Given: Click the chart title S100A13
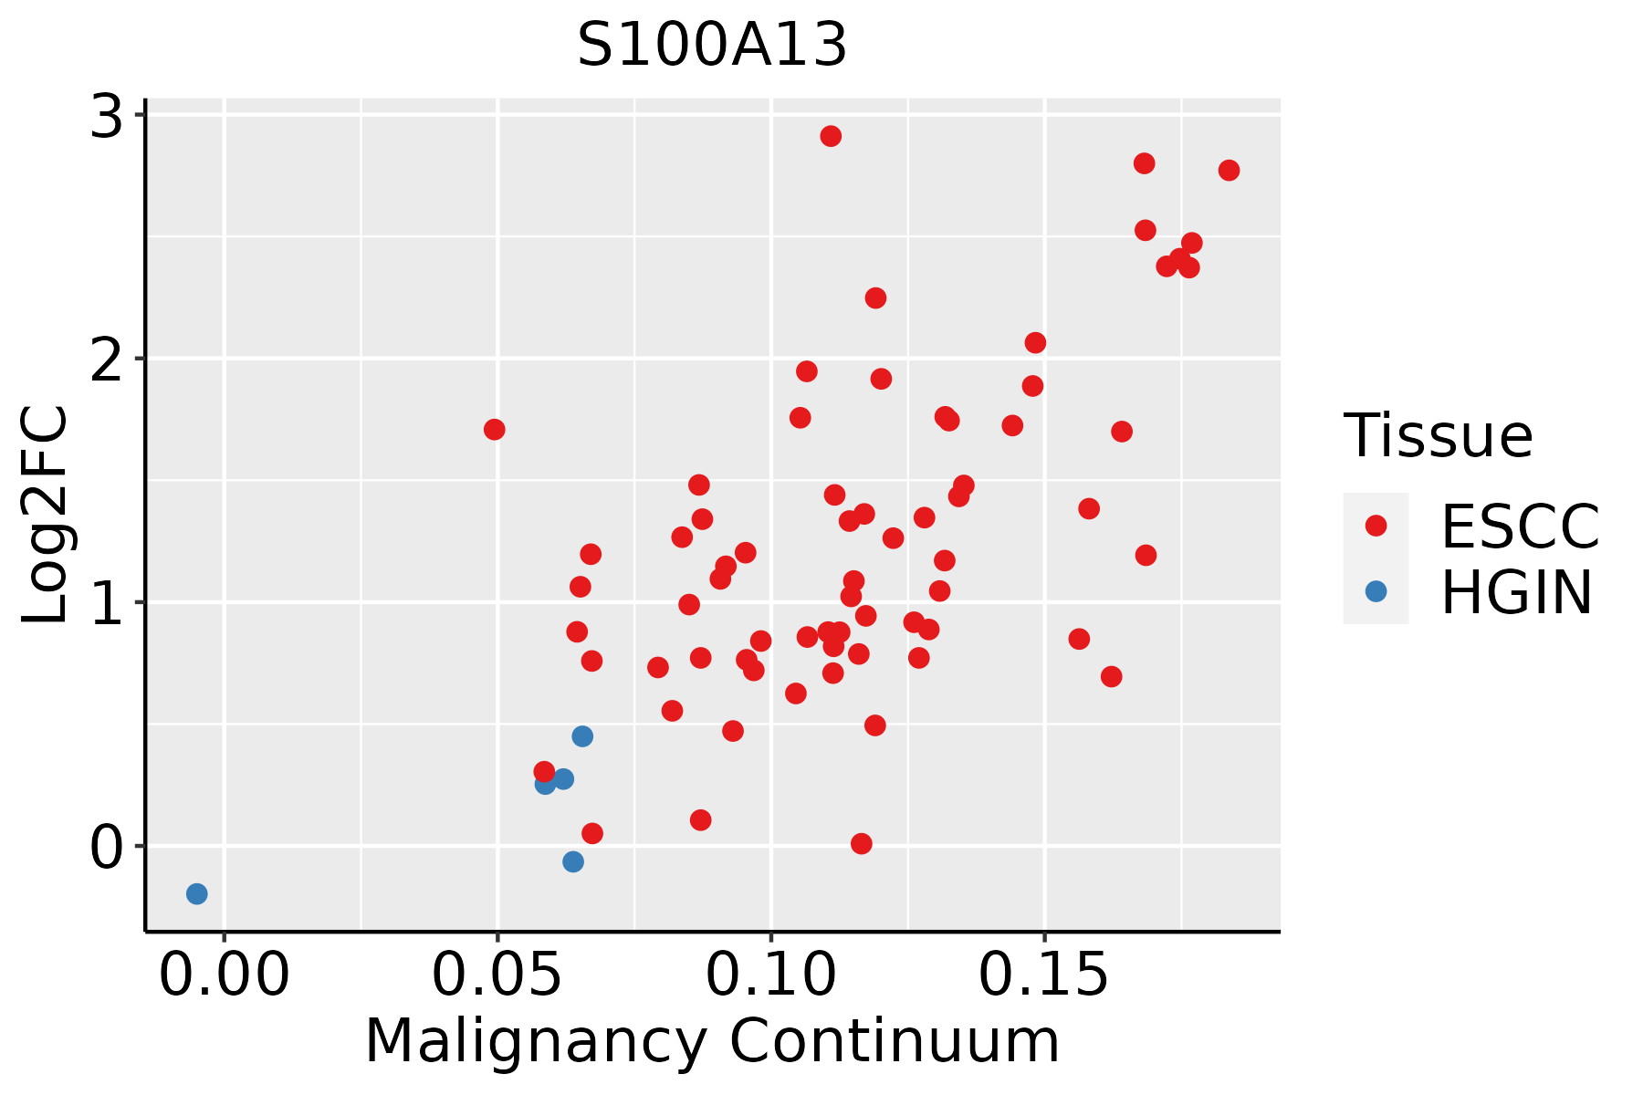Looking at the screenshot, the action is pyautogui.click(x=712, y=46).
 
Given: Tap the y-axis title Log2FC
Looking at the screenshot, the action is pyautogui.click(x=46, y=516).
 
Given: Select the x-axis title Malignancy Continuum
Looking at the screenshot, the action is pyautogui.click(x=712, y=1042).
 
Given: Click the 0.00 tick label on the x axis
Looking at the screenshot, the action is pyautogui.click(x=224, y=976).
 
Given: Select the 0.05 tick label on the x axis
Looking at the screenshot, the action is pyautogui.click(x=497, y=976).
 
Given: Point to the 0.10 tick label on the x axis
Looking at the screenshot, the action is pyautogui.click(x=771, y=976).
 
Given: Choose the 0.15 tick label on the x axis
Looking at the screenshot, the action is pyautogui.click(x=1044, y=976).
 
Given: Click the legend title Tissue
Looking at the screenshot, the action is pyautogui.click(x=1439, y=436).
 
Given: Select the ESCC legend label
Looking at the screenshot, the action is pyautogui.click(x=1520, y=527).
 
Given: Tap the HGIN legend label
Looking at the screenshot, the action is pyautogui.click(x=1517, y=593).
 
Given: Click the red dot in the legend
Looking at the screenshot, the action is pyautogui.click(x=1376, y=526).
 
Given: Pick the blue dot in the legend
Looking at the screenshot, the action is pyautogui.click(x=1376, y=591).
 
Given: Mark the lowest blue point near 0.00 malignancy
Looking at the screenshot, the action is pyautogui.click(x=196, y=893).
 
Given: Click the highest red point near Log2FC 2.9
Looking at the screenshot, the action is pyautogui.click(x=831, y=136).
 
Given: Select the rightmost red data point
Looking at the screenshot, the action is pyautogui.click(x=1229, y=171).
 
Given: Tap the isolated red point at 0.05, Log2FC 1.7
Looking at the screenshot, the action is pyautogui.click(x=495, y=430).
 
